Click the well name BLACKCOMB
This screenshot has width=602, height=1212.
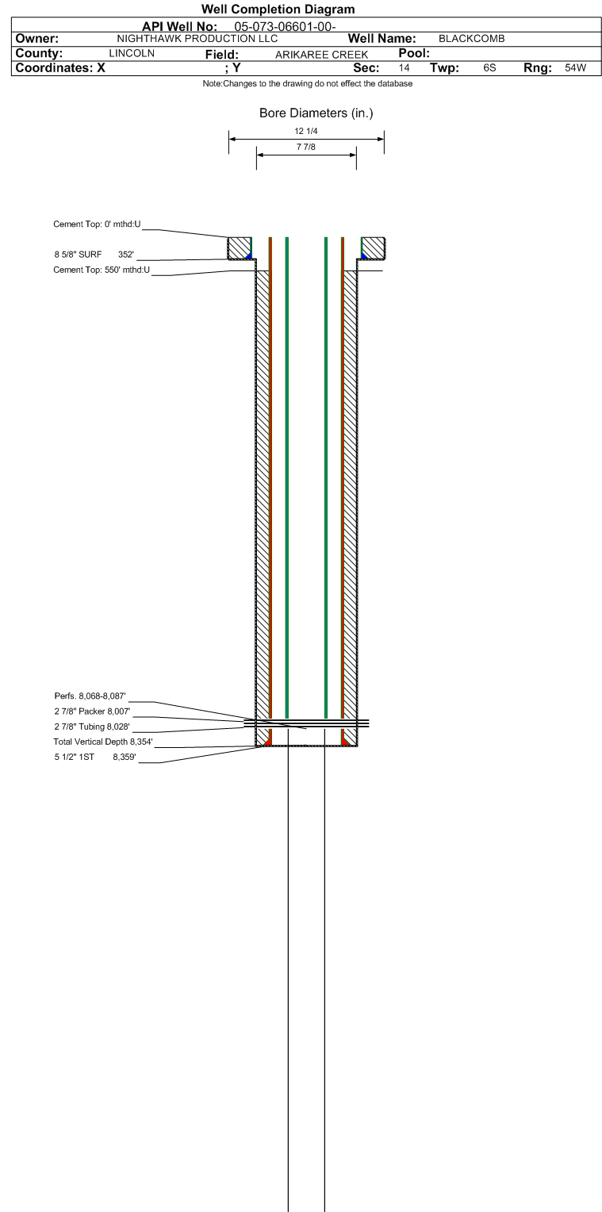tap(472, 39)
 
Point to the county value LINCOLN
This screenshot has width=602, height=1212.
tap(131, 53)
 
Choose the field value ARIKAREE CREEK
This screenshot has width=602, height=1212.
tap(321, 54)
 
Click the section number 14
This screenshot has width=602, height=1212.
tap(404, 68)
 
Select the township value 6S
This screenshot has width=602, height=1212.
tap(490, 68)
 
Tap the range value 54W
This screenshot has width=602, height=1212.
tap(575, 68)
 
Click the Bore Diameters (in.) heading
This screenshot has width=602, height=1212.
tap(316, 113)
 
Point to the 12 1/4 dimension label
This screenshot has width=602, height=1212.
tap(306, 131)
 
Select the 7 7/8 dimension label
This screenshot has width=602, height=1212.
tap(306, 147)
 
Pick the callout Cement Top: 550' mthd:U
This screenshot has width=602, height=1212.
tap(102, 270)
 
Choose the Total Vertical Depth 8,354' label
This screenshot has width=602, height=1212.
tap(102, 742)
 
